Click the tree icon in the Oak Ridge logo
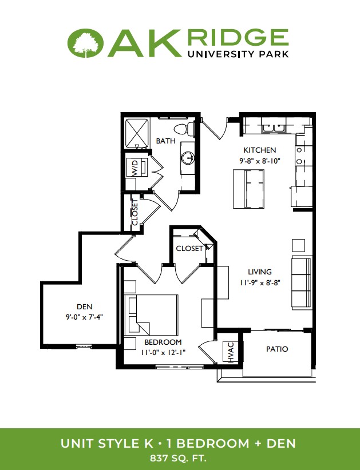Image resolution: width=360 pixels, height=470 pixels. [86, 43]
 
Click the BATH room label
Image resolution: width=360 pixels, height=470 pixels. [165, 141]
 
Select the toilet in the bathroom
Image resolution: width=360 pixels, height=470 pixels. [185, 128]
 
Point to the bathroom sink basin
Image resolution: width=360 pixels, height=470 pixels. [188, 157]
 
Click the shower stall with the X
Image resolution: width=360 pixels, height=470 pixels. [137, 132]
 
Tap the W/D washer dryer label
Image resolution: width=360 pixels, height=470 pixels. [135, 169]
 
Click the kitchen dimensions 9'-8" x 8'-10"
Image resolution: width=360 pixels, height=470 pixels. [259, 161]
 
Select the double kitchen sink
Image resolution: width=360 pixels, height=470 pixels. [274, 128]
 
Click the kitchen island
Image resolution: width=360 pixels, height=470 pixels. [249, 189]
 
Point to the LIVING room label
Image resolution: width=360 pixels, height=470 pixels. [260, 272]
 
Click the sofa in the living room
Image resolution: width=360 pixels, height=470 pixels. [302, 282]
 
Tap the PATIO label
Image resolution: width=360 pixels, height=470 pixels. [277, 349]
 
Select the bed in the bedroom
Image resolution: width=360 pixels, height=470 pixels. [153, 314]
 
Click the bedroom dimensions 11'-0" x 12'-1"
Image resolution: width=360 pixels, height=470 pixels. [163, 353]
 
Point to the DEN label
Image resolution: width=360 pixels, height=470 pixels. [85, 306]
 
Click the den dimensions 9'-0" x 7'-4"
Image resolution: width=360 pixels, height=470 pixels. [85, 317]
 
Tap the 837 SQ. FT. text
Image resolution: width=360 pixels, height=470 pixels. [178, 459]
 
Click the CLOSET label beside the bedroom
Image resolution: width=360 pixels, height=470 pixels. [189, 249]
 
